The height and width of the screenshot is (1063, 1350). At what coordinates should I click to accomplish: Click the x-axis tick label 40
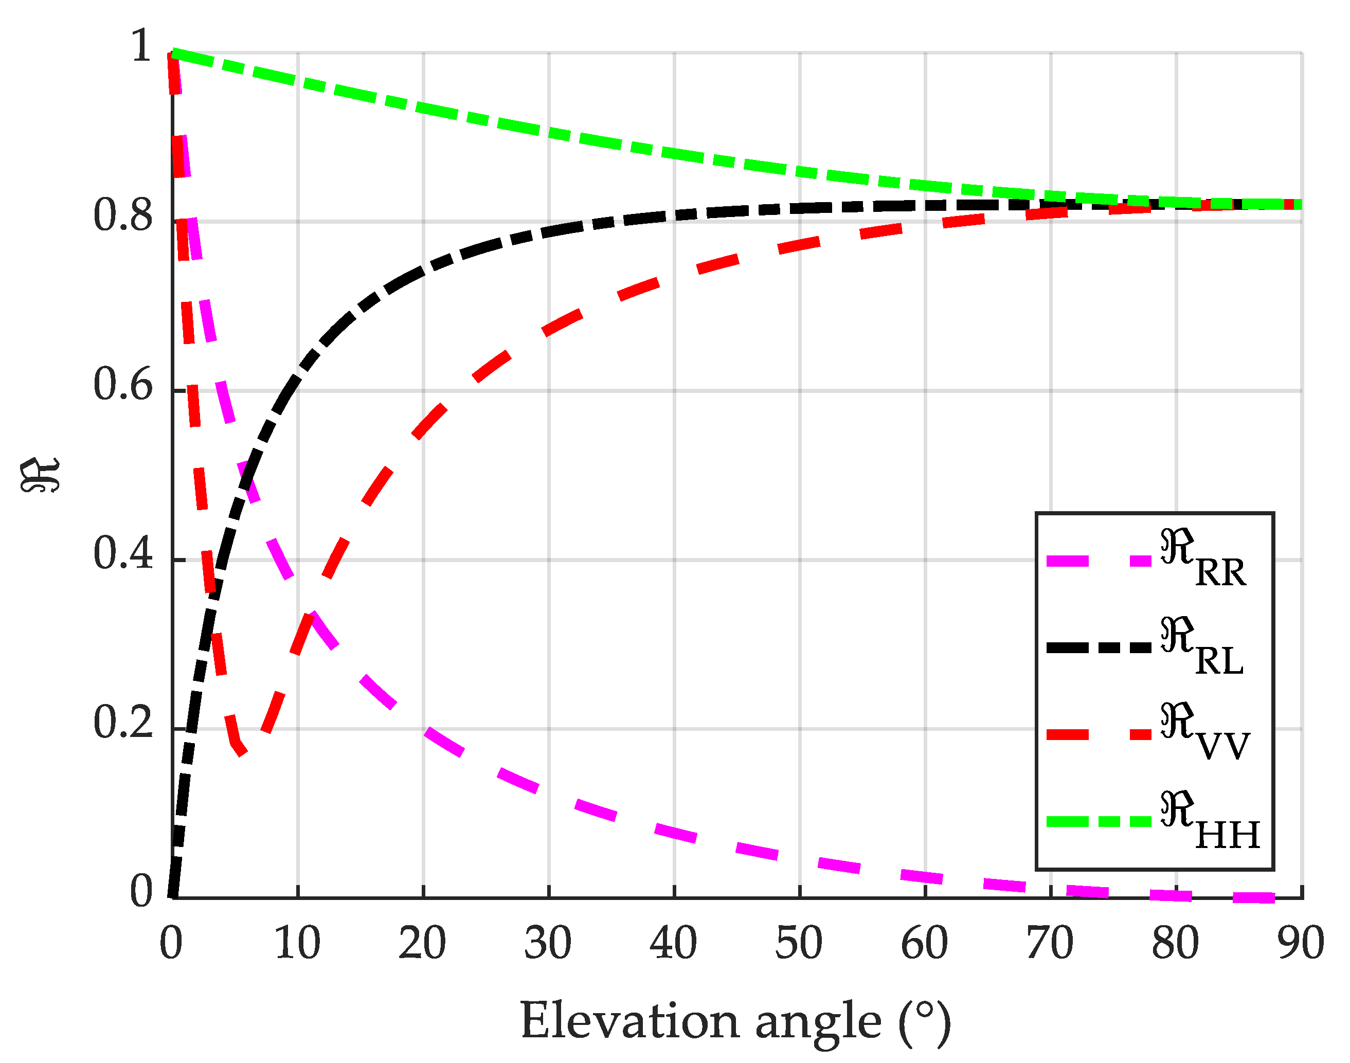click(673, 944)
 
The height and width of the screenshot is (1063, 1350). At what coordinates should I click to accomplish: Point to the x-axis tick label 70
click(1050, 944)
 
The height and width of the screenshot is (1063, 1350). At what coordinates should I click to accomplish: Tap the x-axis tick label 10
click(297, 944)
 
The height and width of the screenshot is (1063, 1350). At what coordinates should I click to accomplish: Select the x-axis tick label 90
click(1301, 944)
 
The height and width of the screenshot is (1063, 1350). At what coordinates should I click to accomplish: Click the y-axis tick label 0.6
click(122, 385)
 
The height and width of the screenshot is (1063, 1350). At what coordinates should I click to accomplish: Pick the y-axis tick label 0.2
click(122, 723)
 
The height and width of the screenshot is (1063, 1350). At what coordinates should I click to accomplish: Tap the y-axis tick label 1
click(142, 47)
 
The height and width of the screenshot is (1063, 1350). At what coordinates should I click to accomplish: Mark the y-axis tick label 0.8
click(122, 216)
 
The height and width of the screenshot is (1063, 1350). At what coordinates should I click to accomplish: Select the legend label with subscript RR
click(1202, 559)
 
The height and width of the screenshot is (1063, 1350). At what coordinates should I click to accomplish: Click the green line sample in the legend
click(1099, 821)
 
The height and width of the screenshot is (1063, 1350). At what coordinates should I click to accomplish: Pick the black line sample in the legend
click(1099, 648)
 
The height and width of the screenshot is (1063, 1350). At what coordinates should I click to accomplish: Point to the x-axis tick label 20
click(423, 944)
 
